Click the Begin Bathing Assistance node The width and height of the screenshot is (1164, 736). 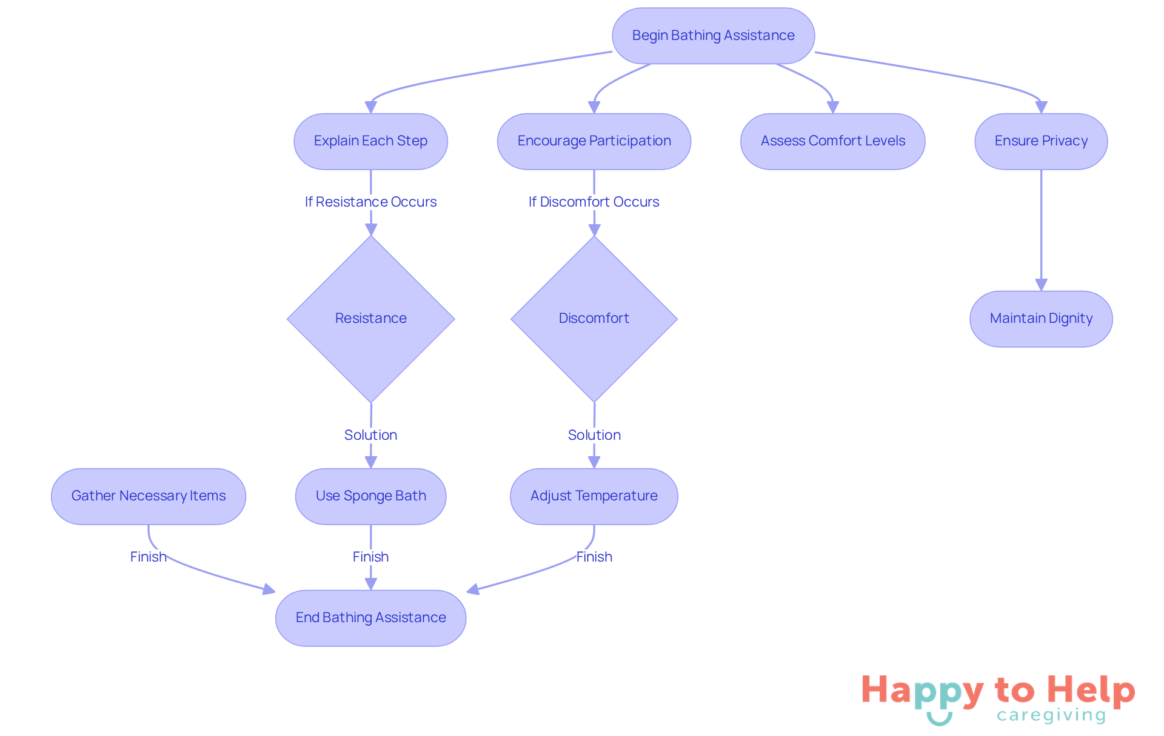713,36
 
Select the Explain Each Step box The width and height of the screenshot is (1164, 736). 370,141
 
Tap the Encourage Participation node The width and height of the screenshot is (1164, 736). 594,141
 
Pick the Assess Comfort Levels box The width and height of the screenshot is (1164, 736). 832,141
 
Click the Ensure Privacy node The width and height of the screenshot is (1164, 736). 1040,141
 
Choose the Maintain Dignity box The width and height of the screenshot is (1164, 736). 1040,319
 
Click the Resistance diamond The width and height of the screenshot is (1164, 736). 370,319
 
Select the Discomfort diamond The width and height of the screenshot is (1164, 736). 594,319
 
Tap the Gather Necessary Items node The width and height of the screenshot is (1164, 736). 149,496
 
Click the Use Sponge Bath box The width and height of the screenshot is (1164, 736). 370,496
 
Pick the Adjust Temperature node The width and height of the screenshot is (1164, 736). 594,496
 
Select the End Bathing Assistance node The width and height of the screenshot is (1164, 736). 370,618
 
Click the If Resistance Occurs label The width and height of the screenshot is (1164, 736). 370,202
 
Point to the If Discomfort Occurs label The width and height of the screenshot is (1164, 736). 594,202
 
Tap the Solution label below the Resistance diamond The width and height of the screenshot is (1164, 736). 370,435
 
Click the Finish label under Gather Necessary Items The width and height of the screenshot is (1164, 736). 148,557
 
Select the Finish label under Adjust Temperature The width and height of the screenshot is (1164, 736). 594,557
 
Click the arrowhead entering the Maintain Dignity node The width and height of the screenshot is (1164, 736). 1041,285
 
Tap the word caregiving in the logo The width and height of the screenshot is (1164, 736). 1051,715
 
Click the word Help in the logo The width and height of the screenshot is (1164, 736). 1091,690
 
